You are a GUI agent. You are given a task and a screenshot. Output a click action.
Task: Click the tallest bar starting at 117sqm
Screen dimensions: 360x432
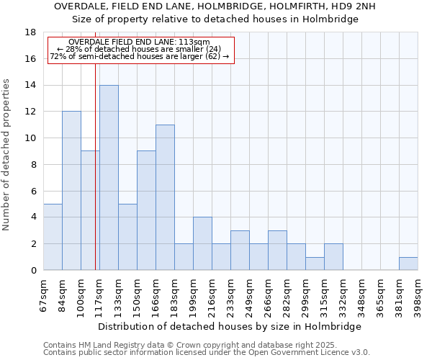[x=109, y=178]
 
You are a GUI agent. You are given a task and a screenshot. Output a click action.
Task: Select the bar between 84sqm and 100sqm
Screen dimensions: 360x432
[x=71, y=191]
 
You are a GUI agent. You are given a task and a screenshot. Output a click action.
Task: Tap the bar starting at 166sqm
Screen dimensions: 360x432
[x=165, y=197]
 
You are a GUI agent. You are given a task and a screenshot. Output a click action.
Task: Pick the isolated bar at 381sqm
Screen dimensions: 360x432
[x=408, y=264]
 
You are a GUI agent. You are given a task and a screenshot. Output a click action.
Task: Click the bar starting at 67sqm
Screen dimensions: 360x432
[x=53, y=237]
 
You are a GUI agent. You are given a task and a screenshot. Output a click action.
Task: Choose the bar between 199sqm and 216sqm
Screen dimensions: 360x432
[x=202, y=243]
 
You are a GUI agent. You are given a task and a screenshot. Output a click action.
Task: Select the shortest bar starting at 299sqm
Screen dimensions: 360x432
[x=315, y=264]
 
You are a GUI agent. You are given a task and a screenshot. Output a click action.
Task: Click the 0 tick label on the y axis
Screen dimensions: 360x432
[x=34, y=270]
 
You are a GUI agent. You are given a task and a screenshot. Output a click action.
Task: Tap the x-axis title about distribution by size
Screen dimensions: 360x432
[x=230, y=326]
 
